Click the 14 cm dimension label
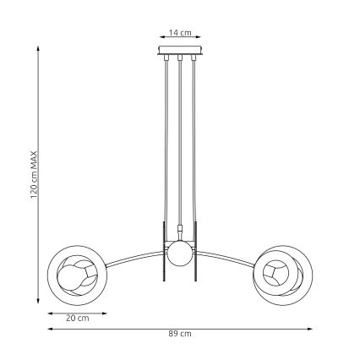pos(179,32)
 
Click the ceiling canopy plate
pos(179,53)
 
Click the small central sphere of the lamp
pos(179,252)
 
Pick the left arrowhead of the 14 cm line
pos(160,39)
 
